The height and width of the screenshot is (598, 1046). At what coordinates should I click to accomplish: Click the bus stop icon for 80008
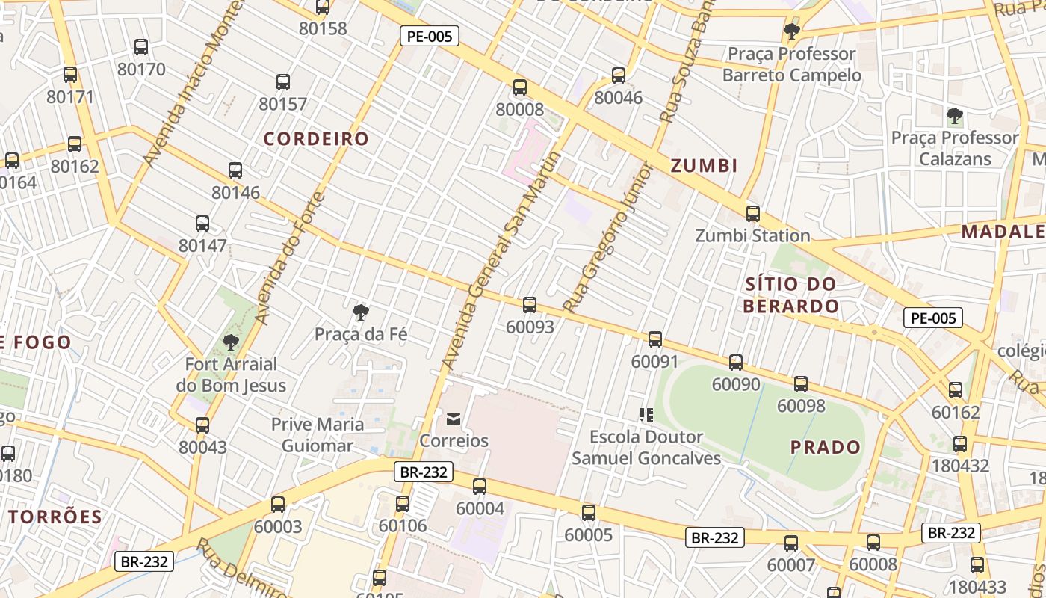point(520,87)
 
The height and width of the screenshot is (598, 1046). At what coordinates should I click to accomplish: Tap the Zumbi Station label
point(752,235)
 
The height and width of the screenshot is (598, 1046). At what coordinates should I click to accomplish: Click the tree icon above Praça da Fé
point(361,311)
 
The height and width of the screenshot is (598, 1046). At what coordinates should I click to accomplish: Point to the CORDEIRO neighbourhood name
point(316,139)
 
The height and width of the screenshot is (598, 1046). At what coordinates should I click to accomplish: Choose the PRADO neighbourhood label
point(826,447)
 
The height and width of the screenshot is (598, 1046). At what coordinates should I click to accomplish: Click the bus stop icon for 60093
point(530,304)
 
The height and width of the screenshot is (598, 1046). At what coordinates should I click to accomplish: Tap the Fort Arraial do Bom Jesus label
point(231,375)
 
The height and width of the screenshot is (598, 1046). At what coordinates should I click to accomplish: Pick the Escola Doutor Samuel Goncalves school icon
point(646,414)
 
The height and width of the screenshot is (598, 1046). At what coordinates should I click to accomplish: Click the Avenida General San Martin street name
point(501,261)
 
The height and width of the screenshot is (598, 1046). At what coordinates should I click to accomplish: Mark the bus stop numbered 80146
point(235,170)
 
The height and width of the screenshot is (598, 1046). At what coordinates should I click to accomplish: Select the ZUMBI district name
point(704,166)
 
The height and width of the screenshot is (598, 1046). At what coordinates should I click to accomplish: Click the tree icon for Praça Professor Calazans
point(954,115)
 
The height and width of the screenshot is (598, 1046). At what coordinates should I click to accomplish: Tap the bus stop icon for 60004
point(480,487)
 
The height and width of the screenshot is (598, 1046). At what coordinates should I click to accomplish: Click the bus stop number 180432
point(960,466)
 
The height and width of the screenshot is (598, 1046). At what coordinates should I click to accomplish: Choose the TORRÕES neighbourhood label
point(56,517)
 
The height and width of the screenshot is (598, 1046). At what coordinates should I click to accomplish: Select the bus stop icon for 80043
point(202,425)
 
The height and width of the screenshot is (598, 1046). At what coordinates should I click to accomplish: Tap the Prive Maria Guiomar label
point(318,435)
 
